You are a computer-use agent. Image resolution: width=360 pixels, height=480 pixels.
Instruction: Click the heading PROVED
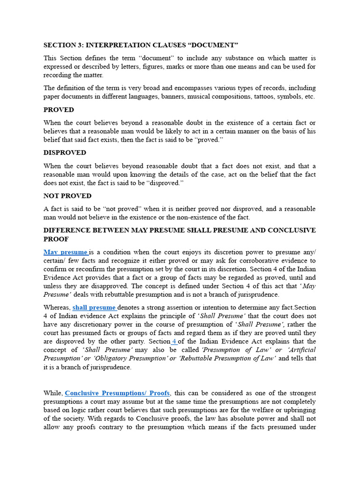59,110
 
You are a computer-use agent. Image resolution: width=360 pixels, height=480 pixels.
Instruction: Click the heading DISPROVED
65,153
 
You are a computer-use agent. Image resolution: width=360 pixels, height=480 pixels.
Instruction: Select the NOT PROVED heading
67,196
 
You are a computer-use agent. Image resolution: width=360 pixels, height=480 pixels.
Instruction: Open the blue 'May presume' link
66,252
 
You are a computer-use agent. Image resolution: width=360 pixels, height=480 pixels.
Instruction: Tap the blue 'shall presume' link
94,307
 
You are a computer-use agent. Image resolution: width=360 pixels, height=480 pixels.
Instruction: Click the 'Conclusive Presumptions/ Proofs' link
117,393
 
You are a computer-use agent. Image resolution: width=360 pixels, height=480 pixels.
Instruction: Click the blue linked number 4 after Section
174,341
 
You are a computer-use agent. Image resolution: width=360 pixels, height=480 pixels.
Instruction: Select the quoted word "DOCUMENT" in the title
214,45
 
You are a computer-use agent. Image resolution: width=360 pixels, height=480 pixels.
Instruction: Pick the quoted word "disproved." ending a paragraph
162,183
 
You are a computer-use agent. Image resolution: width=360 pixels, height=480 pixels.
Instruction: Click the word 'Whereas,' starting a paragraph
57,307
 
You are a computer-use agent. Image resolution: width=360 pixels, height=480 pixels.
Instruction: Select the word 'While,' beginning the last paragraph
53,393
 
